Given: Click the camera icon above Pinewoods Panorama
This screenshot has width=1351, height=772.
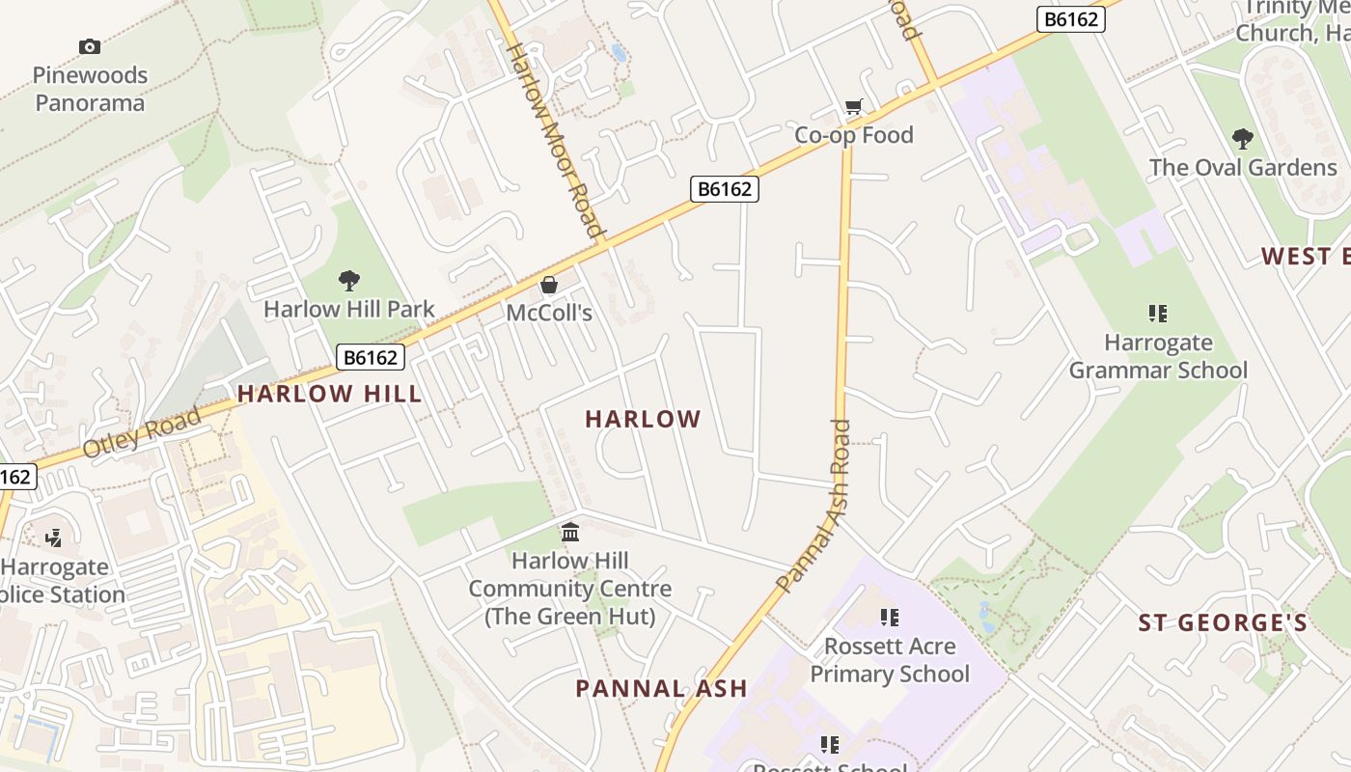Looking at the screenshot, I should point(90,46).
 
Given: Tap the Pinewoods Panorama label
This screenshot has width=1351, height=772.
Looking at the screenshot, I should point(90,89).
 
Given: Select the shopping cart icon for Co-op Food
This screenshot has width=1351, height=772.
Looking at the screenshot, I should point(853,107).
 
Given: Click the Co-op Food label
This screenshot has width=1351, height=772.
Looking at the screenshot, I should point(853,135).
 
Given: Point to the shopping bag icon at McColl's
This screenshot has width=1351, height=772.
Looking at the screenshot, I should point(549,285).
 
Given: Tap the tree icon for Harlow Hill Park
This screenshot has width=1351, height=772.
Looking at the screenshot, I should point(349,281).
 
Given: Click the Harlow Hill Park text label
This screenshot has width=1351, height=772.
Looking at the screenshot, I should point(349,310).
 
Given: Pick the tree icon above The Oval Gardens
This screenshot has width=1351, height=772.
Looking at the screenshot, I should point(1243,139).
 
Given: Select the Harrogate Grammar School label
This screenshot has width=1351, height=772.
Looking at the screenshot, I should point(1158,356).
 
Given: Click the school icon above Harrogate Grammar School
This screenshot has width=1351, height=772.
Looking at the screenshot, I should point(1158,313).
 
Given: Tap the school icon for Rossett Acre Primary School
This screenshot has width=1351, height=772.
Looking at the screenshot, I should point(890,617).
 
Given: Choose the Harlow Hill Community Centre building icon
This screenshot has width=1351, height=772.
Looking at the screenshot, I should point(570,532).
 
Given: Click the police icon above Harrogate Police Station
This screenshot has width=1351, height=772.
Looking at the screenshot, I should point(55,538).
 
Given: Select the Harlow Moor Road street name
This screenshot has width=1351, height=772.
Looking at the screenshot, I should point(555,140).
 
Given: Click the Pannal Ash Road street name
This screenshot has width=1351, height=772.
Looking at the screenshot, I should point(814,508).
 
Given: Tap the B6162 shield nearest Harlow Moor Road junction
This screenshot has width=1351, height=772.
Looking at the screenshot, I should point(725,189).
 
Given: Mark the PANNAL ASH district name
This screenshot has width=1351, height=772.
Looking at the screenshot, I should point(661,688).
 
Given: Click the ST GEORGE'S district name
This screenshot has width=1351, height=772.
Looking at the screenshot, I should point(1223,622).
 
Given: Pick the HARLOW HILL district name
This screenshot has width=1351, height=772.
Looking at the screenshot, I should point(330,394).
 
